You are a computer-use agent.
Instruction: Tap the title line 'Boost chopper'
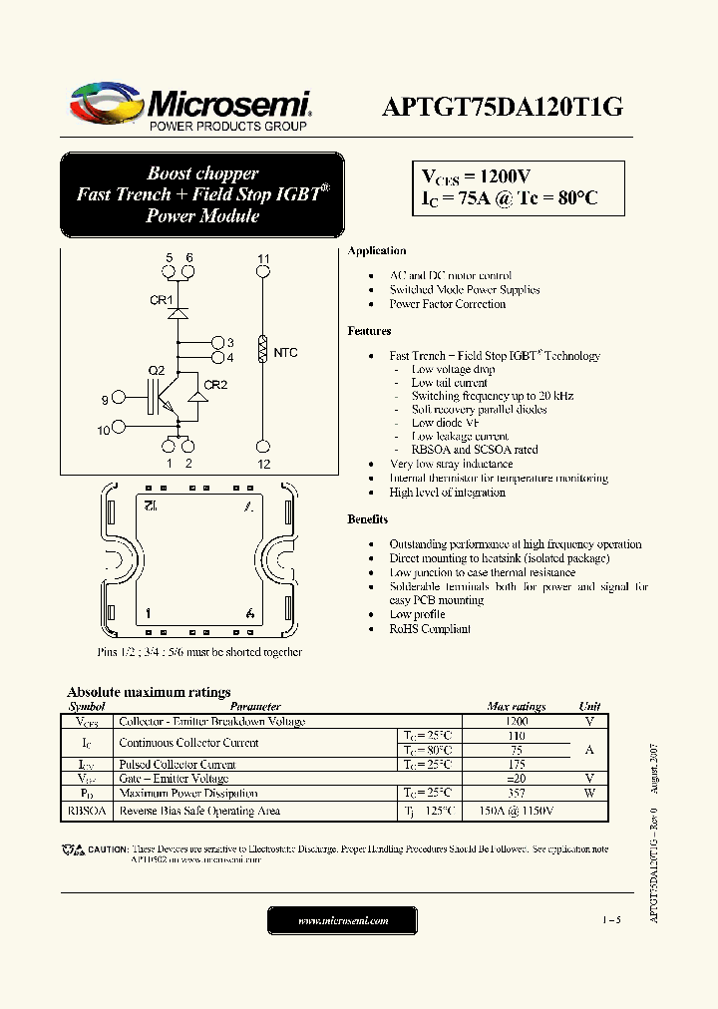coord(202,173)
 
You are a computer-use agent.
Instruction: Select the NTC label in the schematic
coord(285,353)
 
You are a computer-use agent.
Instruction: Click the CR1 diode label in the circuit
coord(161,300)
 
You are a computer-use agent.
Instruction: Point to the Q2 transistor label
coord(157,371)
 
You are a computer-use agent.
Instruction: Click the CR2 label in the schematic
coord(215,385)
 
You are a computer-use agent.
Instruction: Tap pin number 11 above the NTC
coord(263,259)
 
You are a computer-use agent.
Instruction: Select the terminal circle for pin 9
coord(119,400)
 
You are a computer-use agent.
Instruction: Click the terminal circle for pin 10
coord(119,427)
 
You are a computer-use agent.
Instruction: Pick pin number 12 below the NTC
coord(263,465)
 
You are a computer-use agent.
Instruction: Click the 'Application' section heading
coord(376,251)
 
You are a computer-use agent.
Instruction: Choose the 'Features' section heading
coord(369,331)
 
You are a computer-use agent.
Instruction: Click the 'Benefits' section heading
coord(368,519)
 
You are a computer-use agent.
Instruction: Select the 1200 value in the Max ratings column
coord(516,721)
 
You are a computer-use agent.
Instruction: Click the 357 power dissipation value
coord(516,794)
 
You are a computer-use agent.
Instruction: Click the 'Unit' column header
coord(589,706)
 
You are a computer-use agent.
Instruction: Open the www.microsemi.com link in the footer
coord(343,921)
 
